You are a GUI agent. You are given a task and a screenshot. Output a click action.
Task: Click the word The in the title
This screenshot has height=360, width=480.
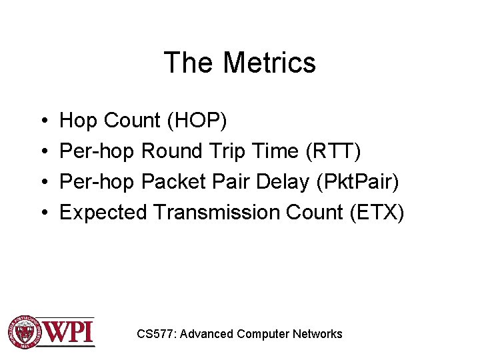tap(189, 63)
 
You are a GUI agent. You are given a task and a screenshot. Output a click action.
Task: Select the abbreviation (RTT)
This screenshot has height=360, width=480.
tap(333, 151)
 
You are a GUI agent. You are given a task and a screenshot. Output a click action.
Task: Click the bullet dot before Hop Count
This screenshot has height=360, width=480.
tap(43, 121)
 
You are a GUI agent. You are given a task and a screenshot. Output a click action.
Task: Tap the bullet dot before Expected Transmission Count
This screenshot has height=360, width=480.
tap(43, 213)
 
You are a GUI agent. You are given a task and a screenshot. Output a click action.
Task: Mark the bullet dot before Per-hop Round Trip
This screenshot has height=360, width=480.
tap(43, 152)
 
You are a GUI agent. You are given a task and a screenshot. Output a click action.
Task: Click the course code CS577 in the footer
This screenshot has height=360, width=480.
tap(156, 334)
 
